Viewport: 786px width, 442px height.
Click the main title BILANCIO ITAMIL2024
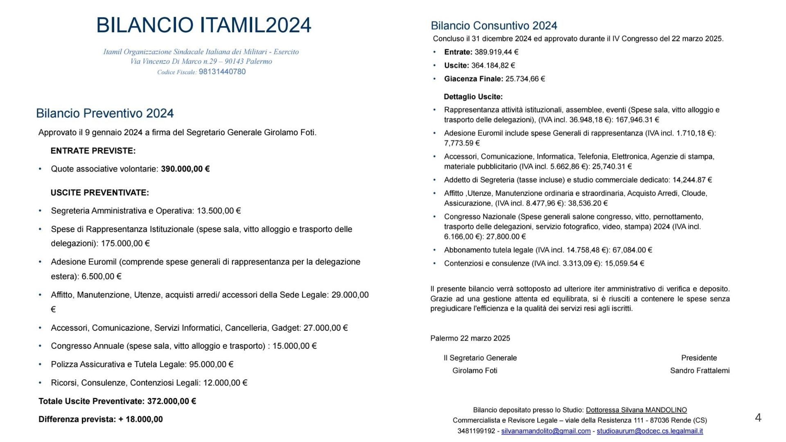[203, 25]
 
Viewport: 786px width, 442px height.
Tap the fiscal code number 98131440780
[222, 72]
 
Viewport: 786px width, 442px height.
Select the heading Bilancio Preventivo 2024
[105, 113]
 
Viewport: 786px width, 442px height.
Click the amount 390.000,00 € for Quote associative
[185, 169]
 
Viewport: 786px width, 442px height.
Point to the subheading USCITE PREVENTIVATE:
[99, 193]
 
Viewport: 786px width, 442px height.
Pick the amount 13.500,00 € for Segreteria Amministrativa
[219, 211]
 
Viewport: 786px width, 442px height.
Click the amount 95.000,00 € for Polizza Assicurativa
[211, 364]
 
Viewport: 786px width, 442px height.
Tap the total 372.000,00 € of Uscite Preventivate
[172, 401]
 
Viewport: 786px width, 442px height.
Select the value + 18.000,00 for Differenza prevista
[140, 419]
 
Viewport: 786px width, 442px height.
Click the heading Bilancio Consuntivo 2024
[494, 26]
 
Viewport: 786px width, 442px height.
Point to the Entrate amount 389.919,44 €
[496, 52]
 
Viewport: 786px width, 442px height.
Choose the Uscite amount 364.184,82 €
[493, 65]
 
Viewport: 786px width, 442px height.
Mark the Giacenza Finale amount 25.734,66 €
[525, 79]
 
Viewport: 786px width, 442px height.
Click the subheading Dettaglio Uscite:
[473, 97]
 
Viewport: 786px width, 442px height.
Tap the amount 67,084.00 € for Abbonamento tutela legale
[632, 250]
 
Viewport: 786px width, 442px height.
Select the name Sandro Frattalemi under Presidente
[700, 370]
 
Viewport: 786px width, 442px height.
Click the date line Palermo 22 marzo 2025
[470, 338]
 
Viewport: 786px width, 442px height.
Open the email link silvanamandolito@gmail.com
[546, 431]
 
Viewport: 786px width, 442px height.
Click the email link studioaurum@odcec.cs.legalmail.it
[650, 431]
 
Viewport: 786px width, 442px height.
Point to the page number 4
[758, 417]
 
